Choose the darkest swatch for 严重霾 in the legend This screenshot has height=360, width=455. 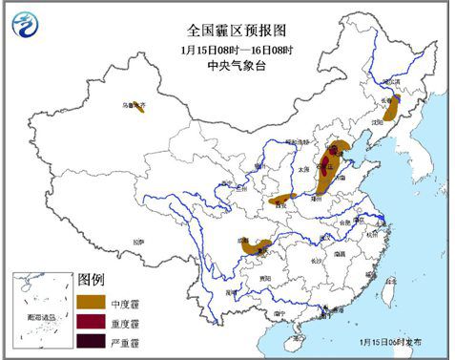93,341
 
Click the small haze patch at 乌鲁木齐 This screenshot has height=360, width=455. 138,107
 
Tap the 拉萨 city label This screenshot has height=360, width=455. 138,243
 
